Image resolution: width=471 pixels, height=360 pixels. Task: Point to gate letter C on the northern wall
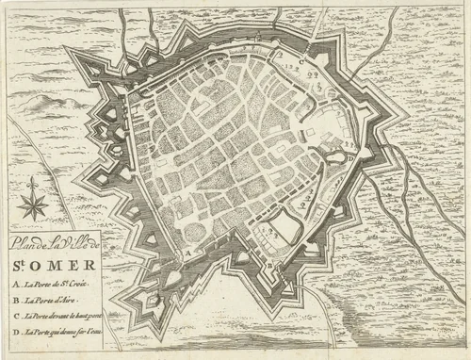[x=301, y=58]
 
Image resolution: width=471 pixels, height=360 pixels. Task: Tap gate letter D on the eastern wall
[x=349, y=159]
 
